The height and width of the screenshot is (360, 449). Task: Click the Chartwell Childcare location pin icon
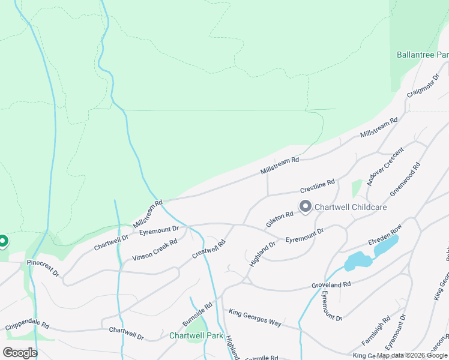coord(305,207)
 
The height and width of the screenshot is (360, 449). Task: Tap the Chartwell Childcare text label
coord(351,207)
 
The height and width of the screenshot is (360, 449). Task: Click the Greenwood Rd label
coord(405,179)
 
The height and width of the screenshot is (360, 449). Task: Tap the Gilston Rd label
coord(280,219)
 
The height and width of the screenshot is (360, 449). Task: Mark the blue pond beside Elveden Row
coord(359,262)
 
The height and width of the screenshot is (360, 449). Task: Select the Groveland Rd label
coord(330,284)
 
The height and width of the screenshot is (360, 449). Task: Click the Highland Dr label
coord(262,253)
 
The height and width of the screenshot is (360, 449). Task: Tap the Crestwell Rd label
coord(208,249)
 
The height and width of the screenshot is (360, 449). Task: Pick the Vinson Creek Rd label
coord(155,250)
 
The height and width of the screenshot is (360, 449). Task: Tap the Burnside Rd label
coord(197,314)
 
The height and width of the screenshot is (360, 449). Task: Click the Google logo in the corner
coord(20,352)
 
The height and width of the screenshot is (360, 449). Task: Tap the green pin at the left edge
coord(3,242)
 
